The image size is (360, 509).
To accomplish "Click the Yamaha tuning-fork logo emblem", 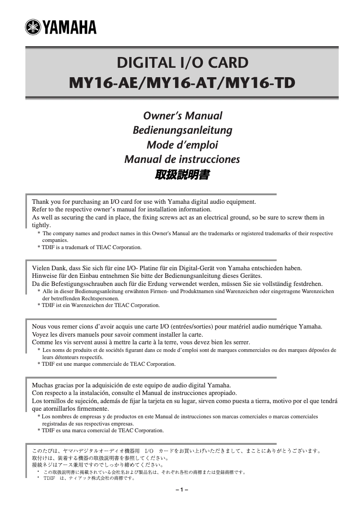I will [33, 27].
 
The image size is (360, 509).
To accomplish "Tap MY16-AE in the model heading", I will [99, 83].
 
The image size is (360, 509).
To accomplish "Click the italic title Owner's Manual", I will [182, 116].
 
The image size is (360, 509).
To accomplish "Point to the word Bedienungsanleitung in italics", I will [182, 130].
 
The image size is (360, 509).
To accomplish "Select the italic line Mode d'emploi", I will [182, 145].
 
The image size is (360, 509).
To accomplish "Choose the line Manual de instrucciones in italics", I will [182, 159].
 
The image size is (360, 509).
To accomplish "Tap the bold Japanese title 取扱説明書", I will [182, 175].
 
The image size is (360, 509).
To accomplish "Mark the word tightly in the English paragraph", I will [42, 225].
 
